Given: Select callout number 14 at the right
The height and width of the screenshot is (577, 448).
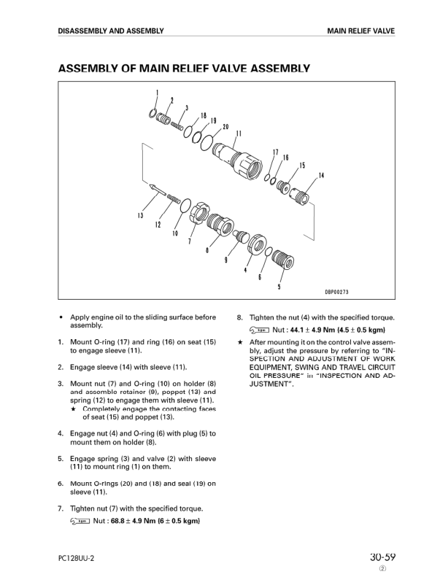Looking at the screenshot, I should pyautogui.click(x=320, y=175).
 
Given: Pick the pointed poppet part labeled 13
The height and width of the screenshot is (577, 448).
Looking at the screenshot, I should pyautogui.click(x=157, y=188).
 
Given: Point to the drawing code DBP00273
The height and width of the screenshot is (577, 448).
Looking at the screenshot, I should pyautogui.click(x=336, y=293).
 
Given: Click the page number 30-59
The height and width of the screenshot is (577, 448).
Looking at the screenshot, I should pyautogui.click(x=382, y=558).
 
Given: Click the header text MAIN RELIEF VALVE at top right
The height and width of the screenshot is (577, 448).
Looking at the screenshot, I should pyautogui.click(x=361, y=31).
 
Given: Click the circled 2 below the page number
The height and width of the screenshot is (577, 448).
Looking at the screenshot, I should pyautogui.click(x=382, y=569).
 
